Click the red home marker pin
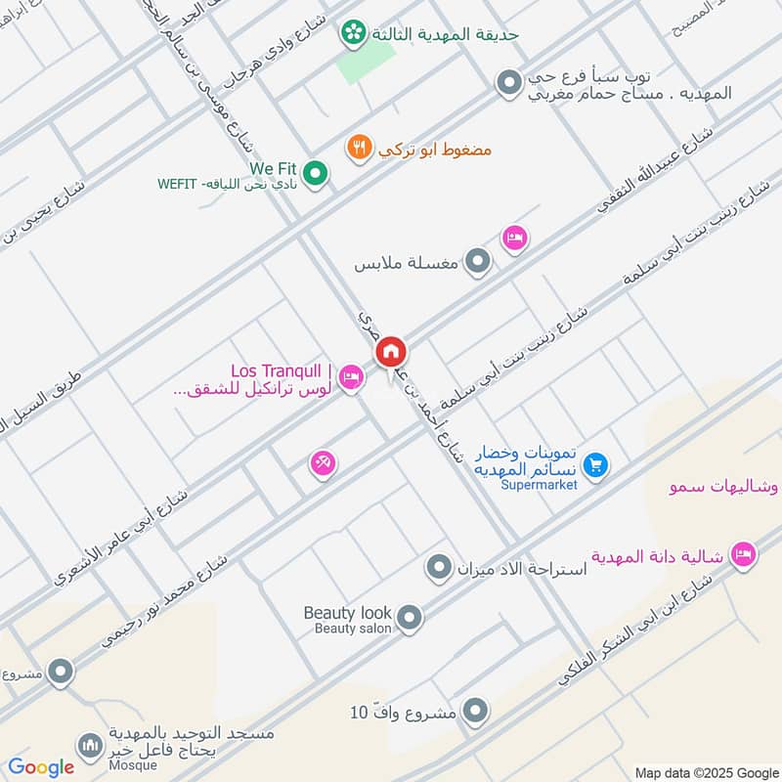coord(391,351)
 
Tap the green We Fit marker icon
coord(315,174)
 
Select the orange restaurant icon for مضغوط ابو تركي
coord(359,149)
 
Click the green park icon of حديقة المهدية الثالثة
coord(352,33)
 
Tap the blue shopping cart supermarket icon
coord(598,466)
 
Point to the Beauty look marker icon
coord(411,618)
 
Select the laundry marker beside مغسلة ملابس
coord(477,262)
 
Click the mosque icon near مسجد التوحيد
coord(91,747)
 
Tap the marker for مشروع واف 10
coord(475,711)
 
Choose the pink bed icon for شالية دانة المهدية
coord(743,555)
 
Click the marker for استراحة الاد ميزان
coord(440,566)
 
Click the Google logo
coord(41,767)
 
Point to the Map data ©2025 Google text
coord(706,771)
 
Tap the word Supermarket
coord(540,484)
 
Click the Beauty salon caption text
coord(352,629)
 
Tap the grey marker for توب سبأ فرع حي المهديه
coord(507,84)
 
